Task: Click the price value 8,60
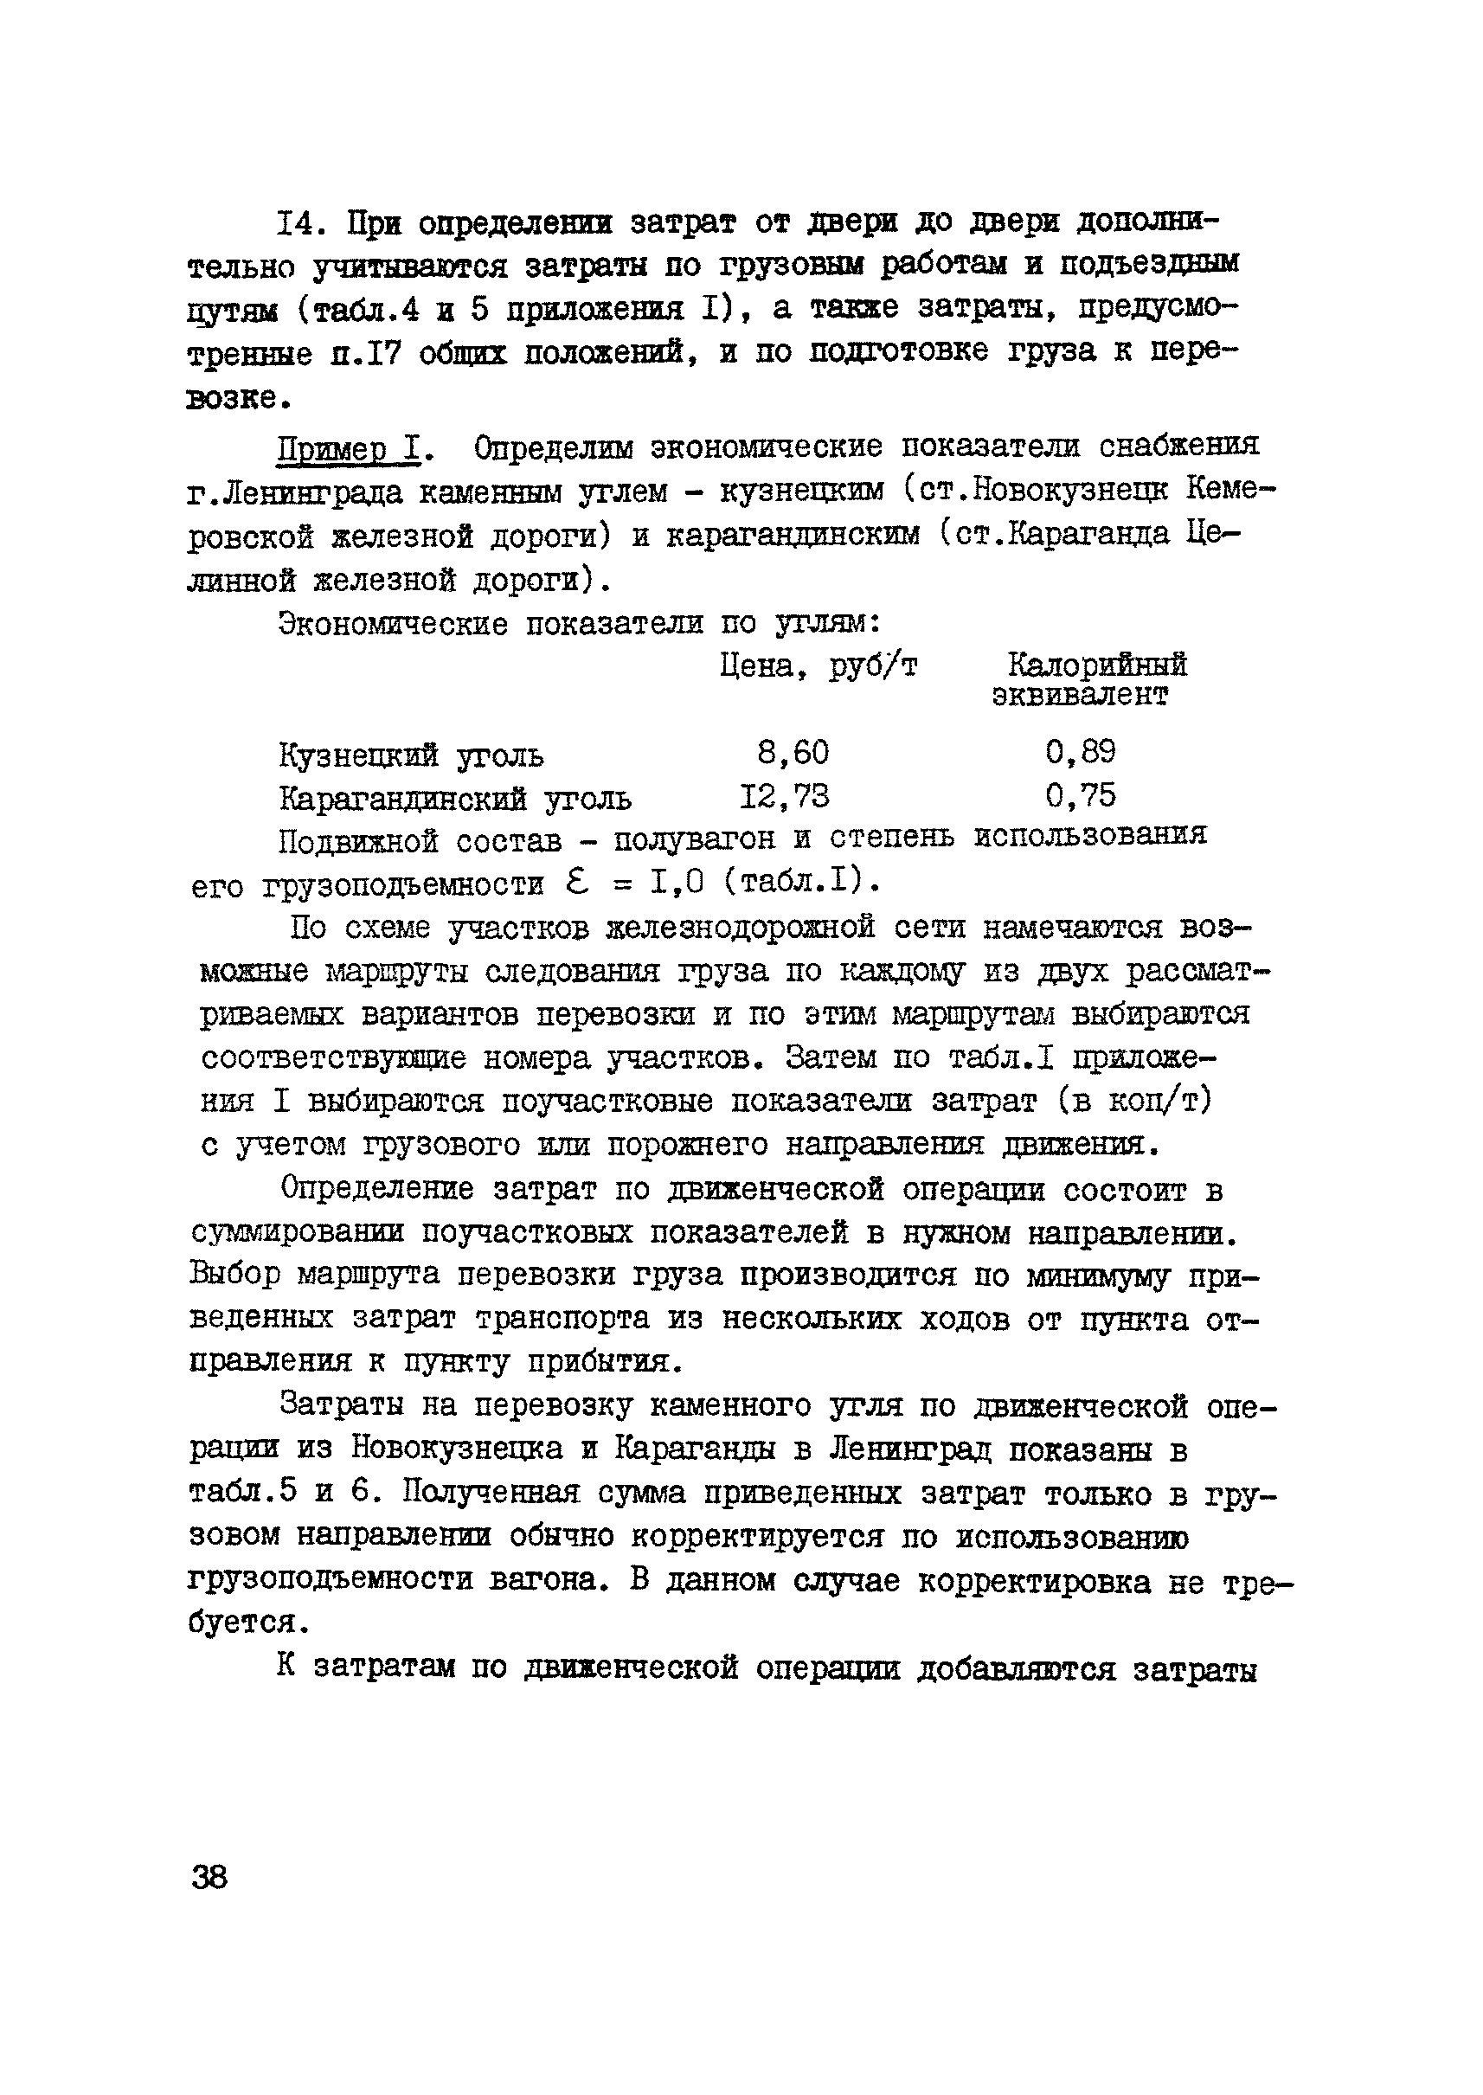point(793,753)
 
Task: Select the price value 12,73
point(785,796)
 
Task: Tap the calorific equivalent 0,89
point(1081,752)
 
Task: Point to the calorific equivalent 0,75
point(1081,795)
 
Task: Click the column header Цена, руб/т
point(819,667)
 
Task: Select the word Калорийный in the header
point(1096,664)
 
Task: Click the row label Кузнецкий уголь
point(411,756)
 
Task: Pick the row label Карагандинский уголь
point(455,800)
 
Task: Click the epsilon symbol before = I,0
point(578,882)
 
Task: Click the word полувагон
point(694,839)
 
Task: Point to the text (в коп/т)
point(1136,1101)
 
